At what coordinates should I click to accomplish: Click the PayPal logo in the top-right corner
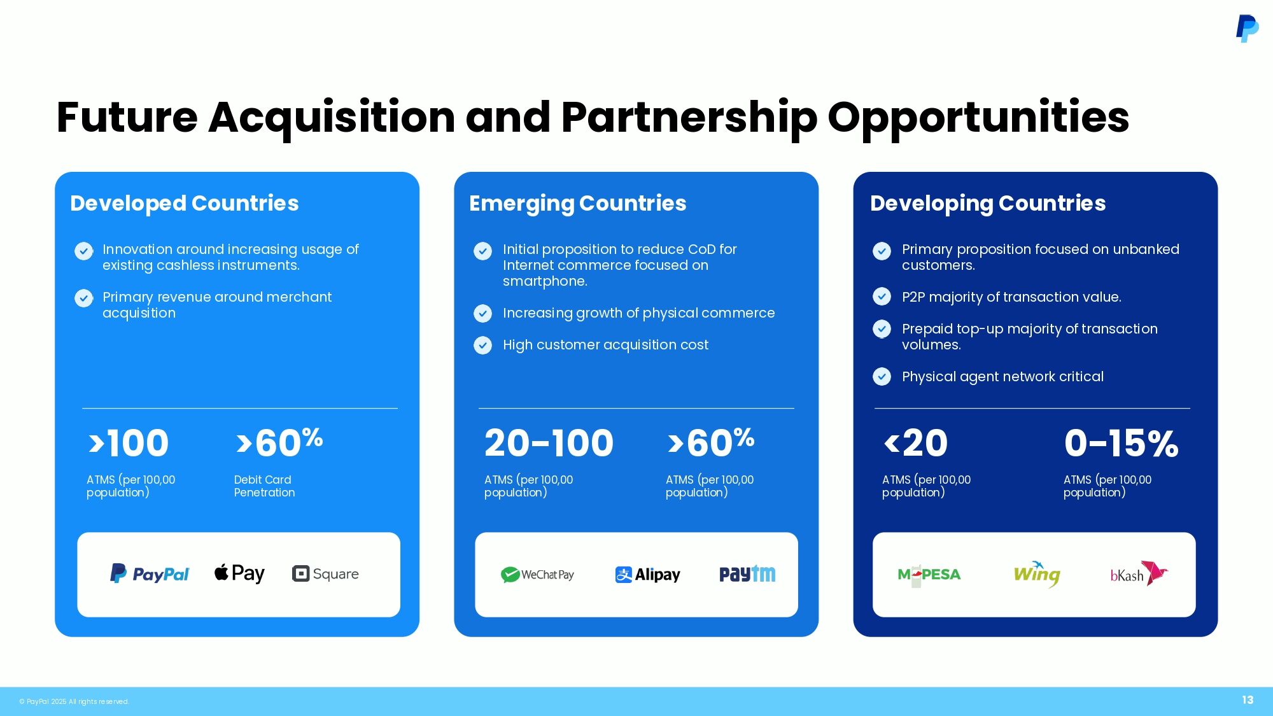click(1247, 29)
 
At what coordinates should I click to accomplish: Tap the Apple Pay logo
click(239, 573)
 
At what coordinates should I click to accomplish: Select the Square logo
click(325, 573)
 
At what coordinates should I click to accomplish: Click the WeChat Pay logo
click(537, 575)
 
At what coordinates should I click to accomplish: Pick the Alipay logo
click(647, 575)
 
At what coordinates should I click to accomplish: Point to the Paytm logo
click(747, 574)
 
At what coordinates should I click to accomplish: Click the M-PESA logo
click(929, 575)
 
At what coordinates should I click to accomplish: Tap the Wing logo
click(1037, 574)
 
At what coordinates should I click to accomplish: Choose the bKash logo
click(1139, 573)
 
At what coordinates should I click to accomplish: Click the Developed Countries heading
click(185, 203)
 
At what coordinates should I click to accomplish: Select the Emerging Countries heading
click(578, 203)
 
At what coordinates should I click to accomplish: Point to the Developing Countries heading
click(988, 203)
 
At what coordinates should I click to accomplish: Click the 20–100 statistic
click(549, 443)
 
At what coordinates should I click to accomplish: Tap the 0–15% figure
click(1121, 443)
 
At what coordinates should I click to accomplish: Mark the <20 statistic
click(916, 443)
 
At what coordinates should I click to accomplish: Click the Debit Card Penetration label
click(264, 486)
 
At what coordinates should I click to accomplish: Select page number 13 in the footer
click(1248, 700)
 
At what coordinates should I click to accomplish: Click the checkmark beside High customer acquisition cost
click(483, 345)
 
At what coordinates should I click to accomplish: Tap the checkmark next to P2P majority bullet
click(882, 297)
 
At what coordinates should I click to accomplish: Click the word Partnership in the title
click(689, 118)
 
